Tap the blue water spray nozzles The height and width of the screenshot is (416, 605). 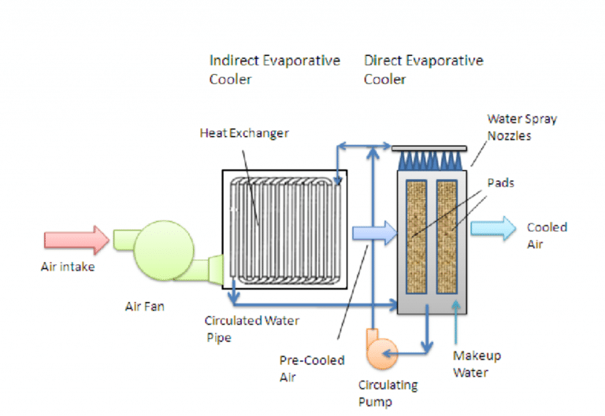click(429, 160)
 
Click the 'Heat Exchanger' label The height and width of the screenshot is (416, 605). click(243, 133)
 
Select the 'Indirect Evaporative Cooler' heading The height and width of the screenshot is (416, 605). click(274, 70)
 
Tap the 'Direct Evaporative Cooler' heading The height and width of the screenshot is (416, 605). click(423, 70)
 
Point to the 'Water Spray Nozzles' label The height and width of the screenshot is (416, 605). click(521, 127)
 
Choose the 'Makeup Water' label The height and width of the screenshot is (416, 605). click(477, 364)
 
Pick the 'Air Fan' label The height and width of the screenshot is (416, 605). click(145, 307)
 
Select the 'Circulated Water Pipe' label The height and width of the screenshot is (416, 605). click(240, 329)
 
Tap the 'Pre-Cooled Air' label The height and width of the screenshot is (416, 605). click(312, 368)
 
